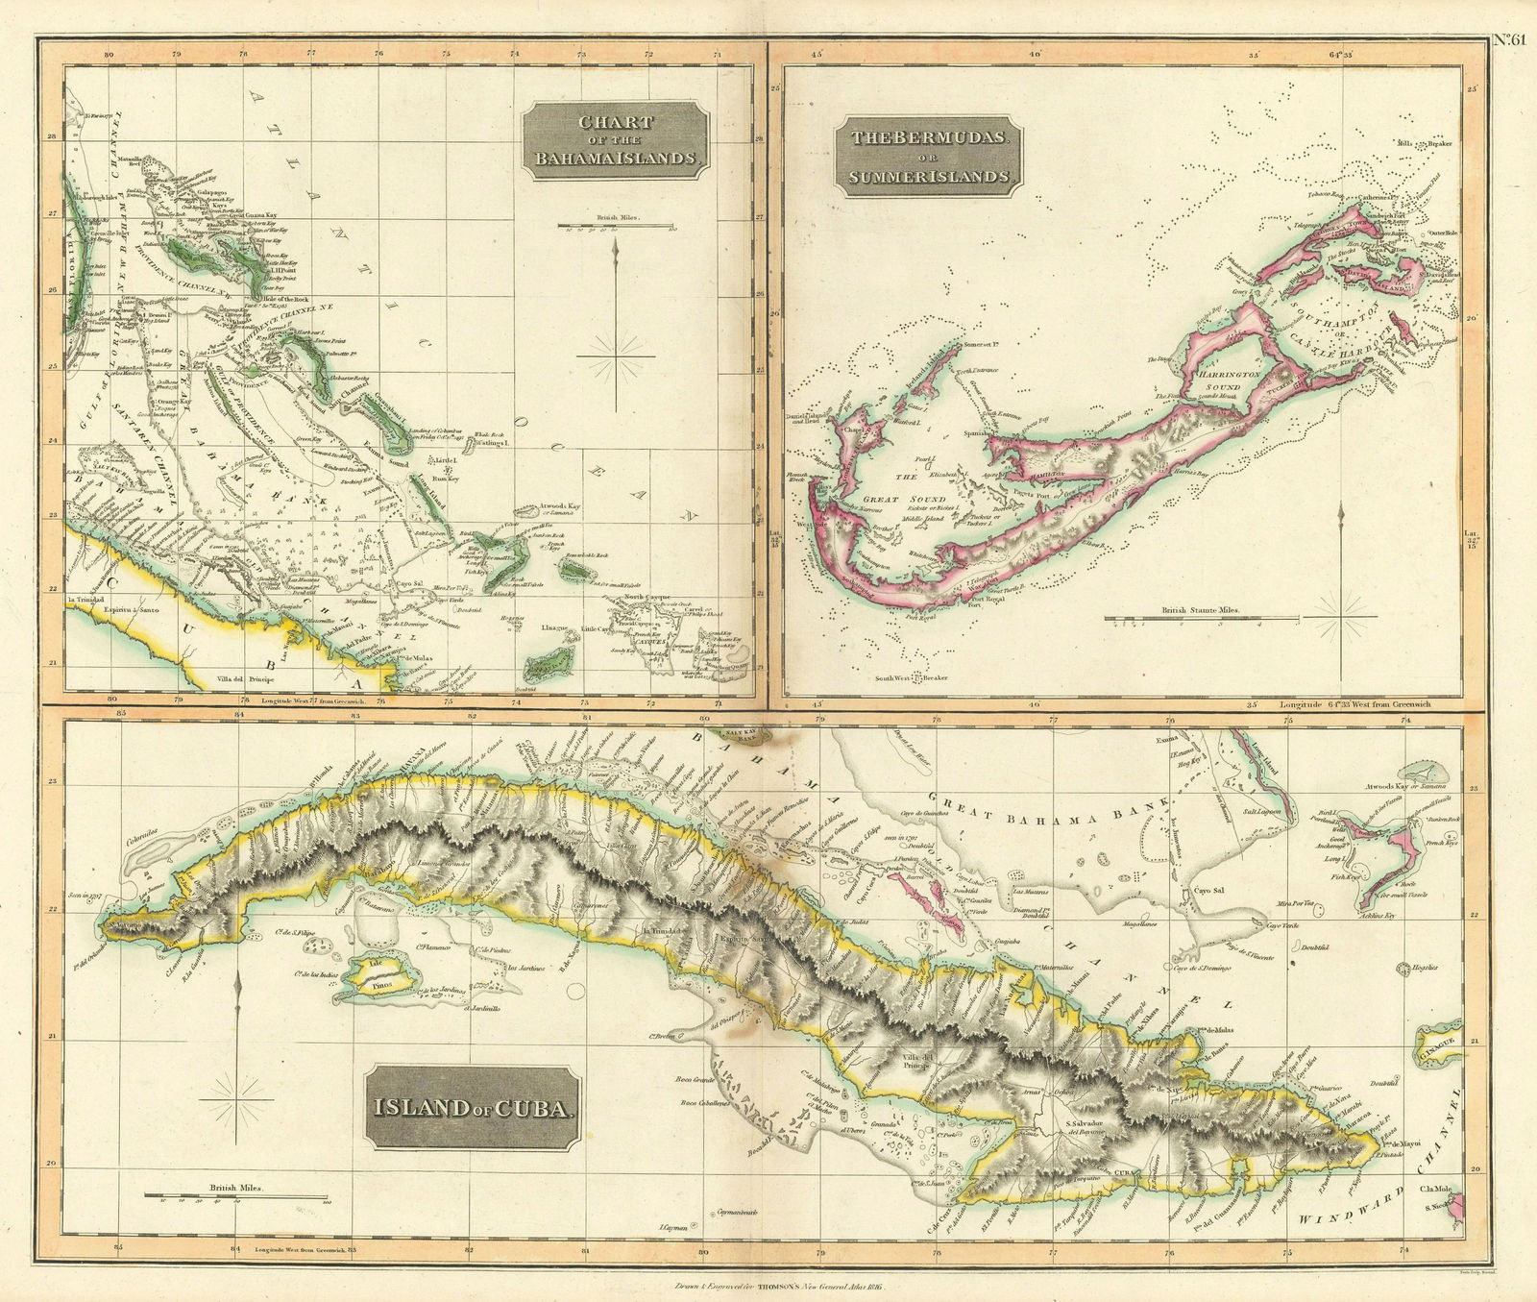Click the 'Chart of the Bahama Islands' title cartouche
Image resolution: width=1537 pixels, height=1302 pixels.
(615, 143)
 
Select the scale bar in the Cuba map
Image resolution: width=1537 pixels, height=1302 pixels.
(235, 1195)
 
